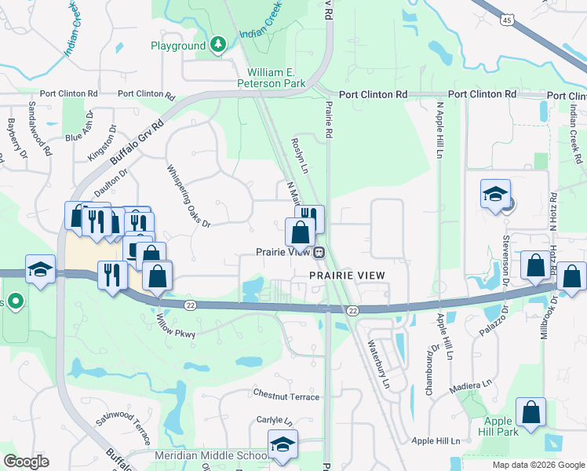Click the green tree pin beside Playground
coord(218,46)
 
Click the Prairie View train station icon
coord(319,253)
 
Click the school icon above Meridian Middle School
coord(283,444)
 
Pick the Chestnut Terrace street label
coord(286,396)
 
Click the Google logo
coord(25,462)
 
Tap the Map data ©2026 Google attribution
coord(538,465)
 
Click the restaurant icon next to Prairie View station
coord(311,217)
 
